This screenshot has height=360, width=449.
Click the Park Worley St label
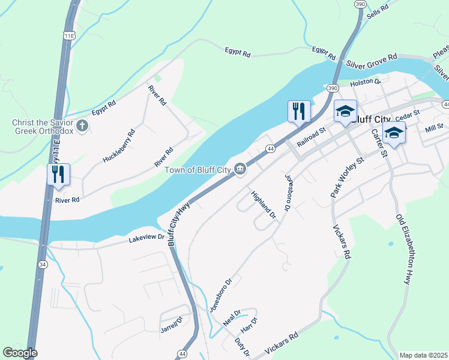pos(348,178)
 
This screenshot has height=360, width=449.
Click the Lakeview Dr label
pos(146,238)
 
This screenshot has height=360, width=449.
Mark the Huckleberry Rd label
pos(119,145)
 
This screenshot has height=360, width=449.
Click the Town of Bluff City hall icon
pos(240,170)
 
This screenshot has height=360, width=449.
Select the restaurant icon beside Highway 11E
pos(58,175)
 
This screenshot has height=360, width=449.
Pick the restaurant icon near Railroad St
pos(298,111)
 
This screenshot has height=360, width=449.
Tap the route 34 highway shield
pos(41,263)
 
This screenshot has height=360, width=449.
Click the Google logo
pos(20,353)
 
